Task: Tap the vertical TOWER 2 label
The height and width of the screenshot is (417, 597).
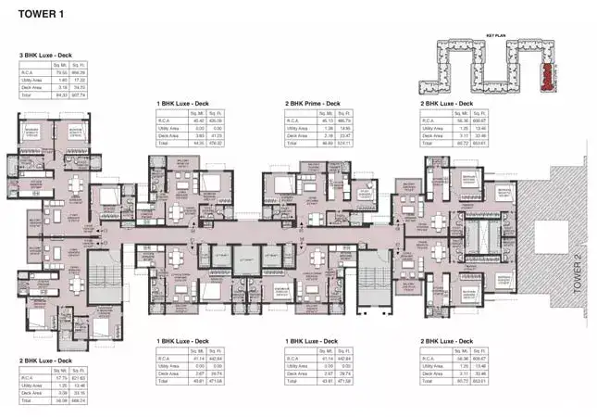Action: tap(575, 275)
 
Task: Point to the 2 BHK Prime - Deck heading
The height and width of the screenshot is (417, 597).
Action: tap(313, 104)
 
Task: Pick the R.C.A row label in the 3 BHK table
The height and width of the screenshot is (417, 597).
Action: tap(28, 72)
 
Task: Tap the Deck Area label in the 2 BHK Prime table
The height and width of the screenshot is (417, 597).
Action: tap(298, 136)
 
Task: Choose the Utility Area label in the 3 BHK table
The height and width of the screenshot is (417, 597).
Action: tap(31, 80)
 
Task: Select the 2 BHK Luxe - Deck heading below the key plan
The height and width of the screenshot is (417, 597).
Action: tap(449, 104)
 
